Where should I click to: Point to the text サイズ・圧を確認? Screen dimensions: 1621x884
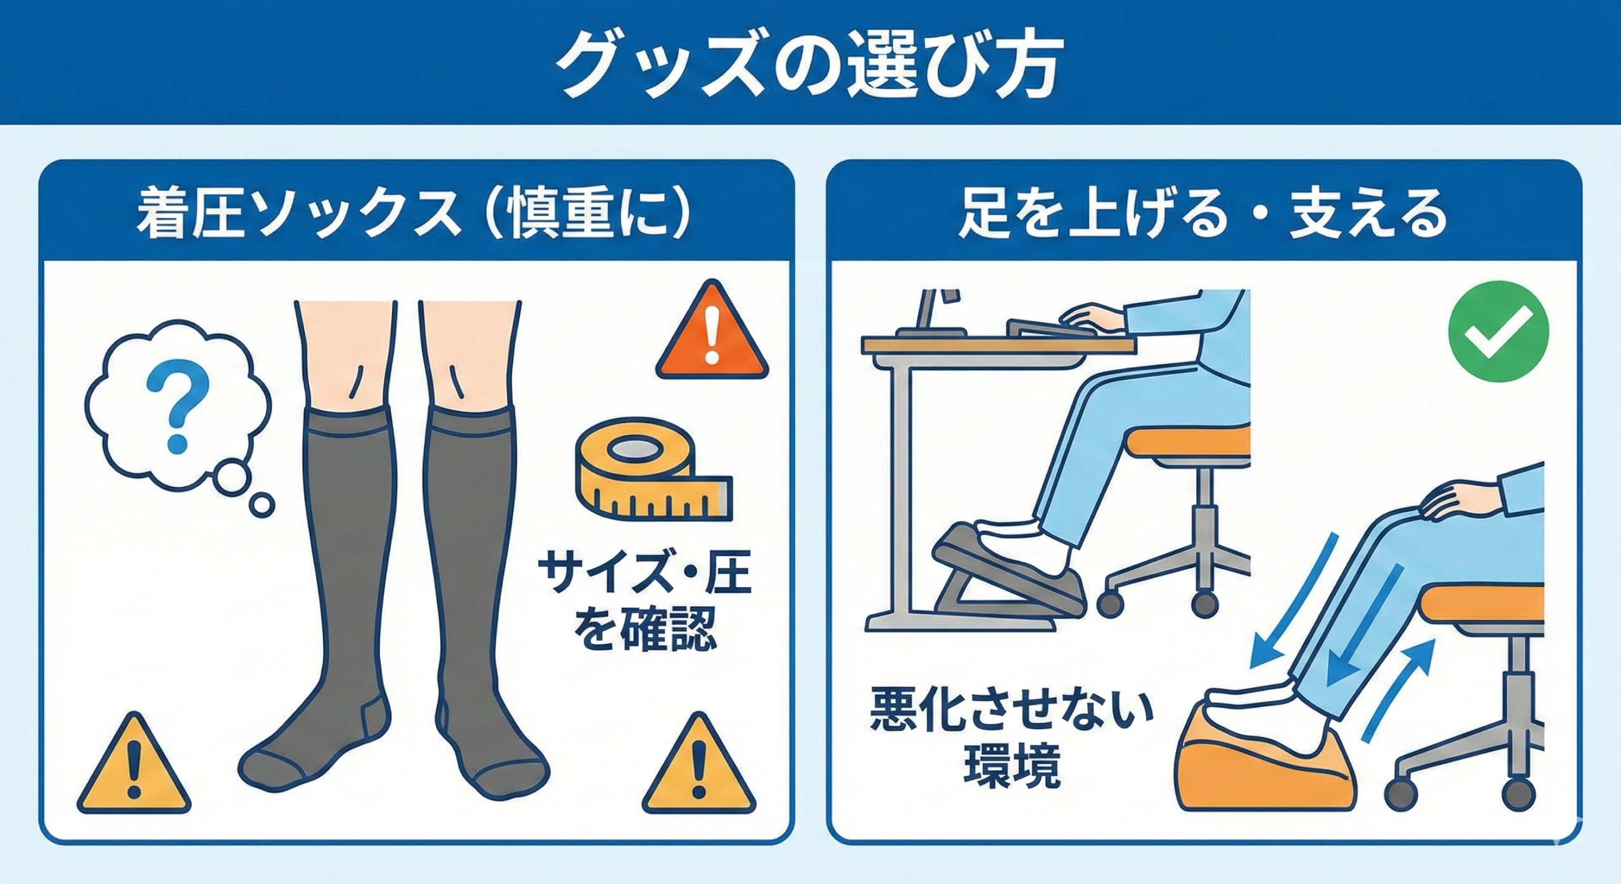click(x=643, y=603)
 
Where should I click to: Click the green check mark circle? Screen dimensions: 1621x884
click(x=1499, y=331)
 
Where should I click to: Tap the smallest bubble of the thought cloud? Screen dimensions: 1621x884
click(x=262, y=506)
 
